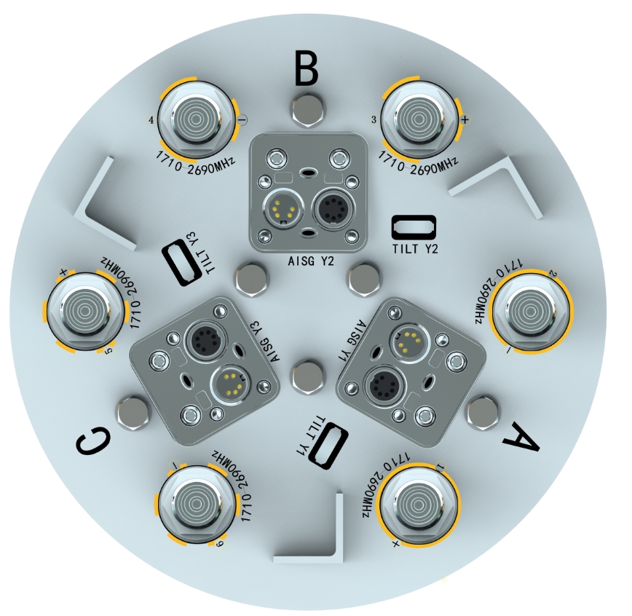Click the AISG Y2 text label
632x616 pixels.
311,261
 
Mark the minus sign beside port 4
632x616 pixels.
242,119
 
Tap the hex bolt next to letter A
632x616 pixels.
483,412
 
